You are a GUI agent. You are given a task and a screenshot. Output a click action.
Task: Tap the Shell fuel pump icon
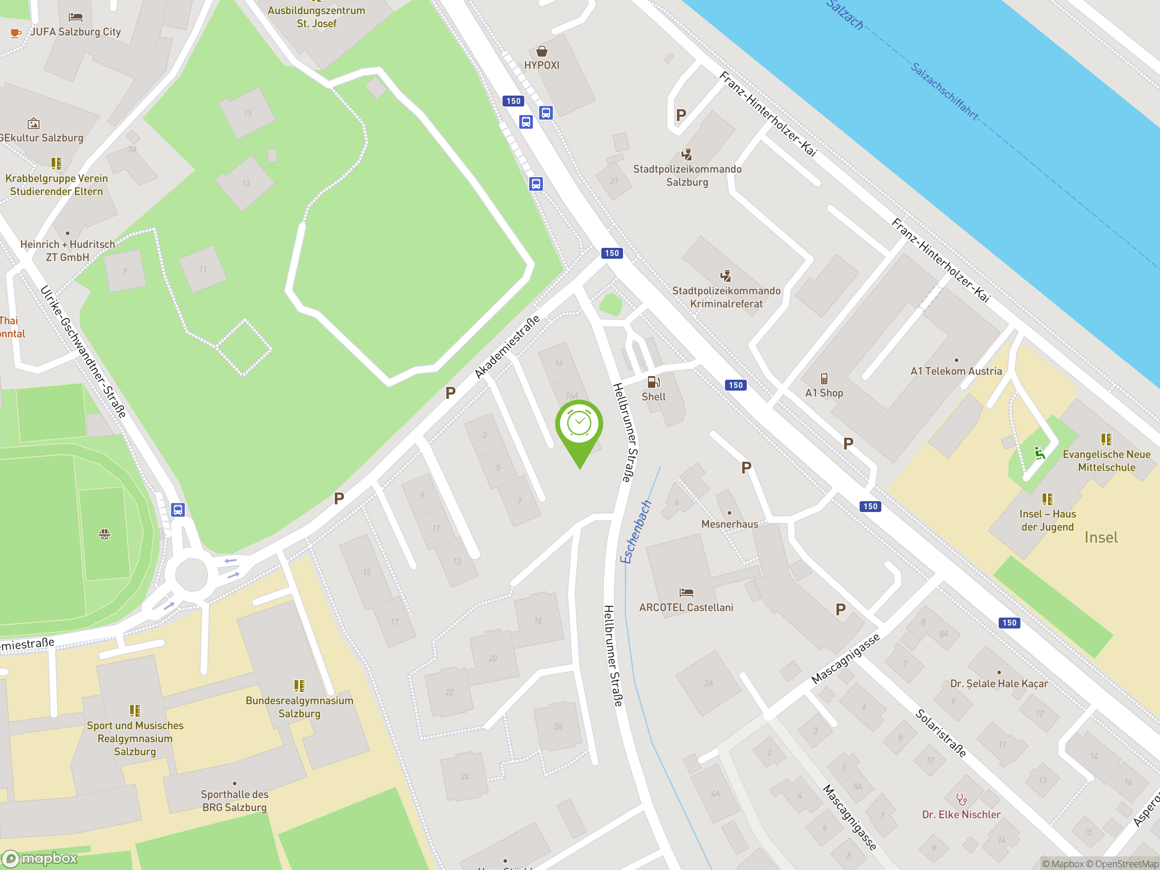(x=653, y=382)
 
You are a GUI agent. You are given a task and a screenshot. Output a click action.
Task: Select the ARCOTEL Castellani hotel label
(x=686, y=607)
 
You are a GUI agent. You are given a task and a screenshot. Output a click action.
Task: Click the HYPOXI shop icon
(x=542, y=51)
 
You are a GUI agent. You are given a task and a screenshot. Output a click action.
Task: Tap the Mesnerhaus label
(x=730, y=524)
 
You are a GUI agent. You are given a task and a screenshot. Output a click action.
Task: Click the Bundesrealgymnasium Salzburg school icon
(x=300, y=686)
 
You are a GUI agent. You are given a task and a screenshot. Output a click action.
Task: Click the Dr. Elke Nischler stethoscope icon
(x=961, y=799)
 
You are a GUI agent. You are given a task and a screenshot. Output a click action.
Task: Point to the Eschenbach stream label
(x=636, y=532)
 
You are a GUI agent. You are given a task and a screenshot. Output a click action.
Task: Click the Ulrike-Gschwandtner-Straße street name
(x=83, y=351)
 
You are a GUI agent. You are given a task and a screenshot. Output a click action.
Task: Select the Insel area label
(x=1101, y=537)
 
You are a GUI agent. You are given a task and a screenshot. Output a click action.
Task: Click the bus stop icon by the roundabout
(x=178, y=510)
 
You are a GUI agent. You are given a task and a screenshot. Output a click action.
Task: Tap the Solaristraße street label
(x=941, y=733)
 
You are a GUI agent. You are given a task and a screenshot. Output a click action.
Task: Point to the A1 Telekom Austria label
(x=956, y=371)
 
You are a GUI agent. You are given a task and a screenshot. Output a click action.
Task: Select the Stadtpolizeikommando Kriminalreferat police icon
(x=726, y=276)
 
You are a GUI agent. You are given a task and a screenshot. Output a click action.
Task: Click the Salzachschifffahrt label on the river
(x=944, y=91)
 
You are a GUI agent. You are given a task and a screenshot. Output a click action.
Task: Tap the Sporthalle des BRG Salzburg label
(x=234, y=801)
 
